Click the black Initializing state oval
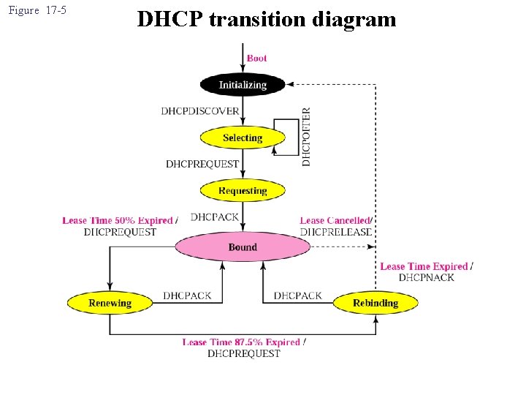[243, 85]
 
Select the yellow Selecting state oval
[243, 138]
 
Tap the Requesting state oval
[243, 191]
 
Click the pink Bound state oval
[243, 247]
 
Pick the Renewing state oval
[110, 303]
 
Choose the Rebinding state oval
[376, 303]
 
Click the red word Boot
[256, 59]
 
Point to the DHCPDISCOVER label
[200, 111]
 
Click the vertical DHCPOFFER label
[306, 137]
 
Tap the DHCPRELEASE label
[335, 232]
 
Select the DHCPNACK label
[426, 277]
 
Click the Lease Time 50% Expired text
[118, 220]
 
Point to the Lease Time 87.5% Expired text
[242, 342]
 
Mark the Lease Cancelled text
[335, 220]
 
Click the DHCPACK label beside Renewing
[187, 296]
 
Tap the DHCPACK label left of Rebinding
[298, 296]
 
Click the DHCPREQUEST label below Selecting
[202, 164]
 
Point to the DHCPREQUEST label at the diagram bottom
[244, 353]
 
